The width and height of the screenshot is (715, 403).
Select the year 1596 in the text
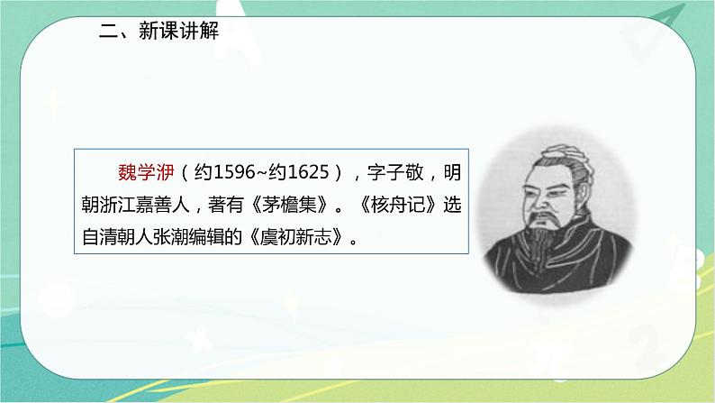(228, 171)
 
